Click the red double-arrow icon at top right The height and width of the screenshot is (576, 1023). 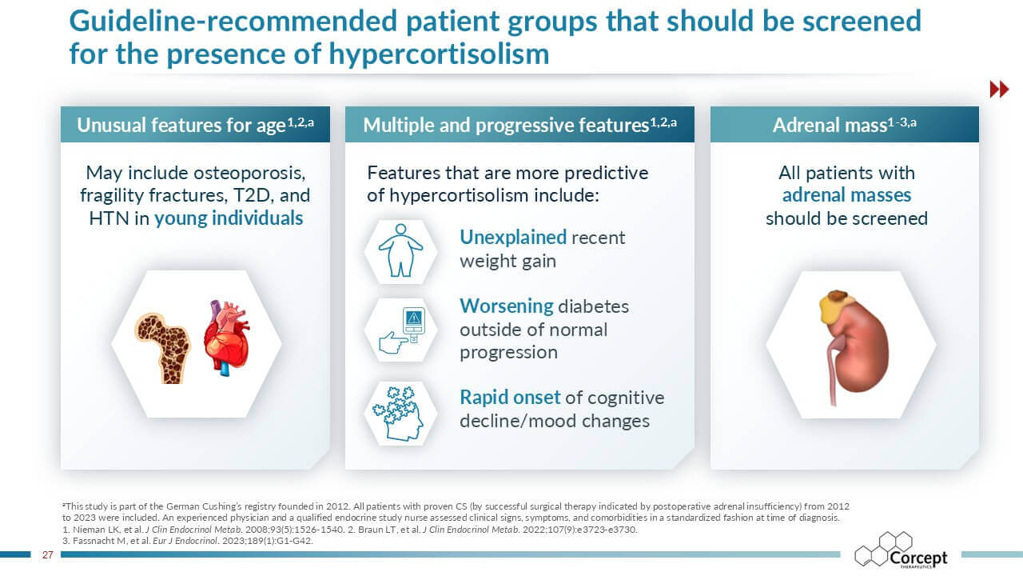pyautogui.click(x=999, y=89)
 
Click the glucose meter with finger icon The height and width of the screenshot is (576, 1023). pyautogui.click(x=404, y=330)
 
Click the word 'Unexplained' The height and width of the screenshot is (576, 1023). pyautogui.click(x=512, y=238)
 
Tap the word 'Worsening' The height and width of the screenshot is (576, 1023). pyautogui.click(x=506, y=306)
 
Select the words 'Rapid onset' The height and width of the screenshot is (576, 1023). pyautogui.click(x=509, y=398)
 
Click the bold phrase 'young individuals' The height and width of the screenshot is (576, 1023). pyautogui.click(x=229, y=218)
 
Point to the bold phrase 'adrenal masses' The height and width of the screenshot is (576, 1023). pyautogui.click(x=846, y=195)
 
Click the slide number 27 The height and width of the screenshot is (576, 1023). pyautogui.click(x=47, y=554)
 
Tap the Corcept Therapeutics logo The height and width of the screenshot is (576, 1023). pyautogui.click(x=901, y=551)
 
